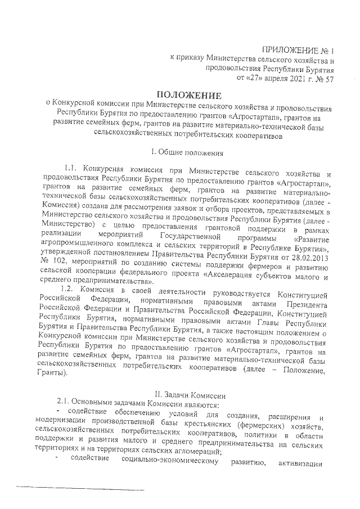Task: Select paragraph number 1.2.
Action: [67, 289]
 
